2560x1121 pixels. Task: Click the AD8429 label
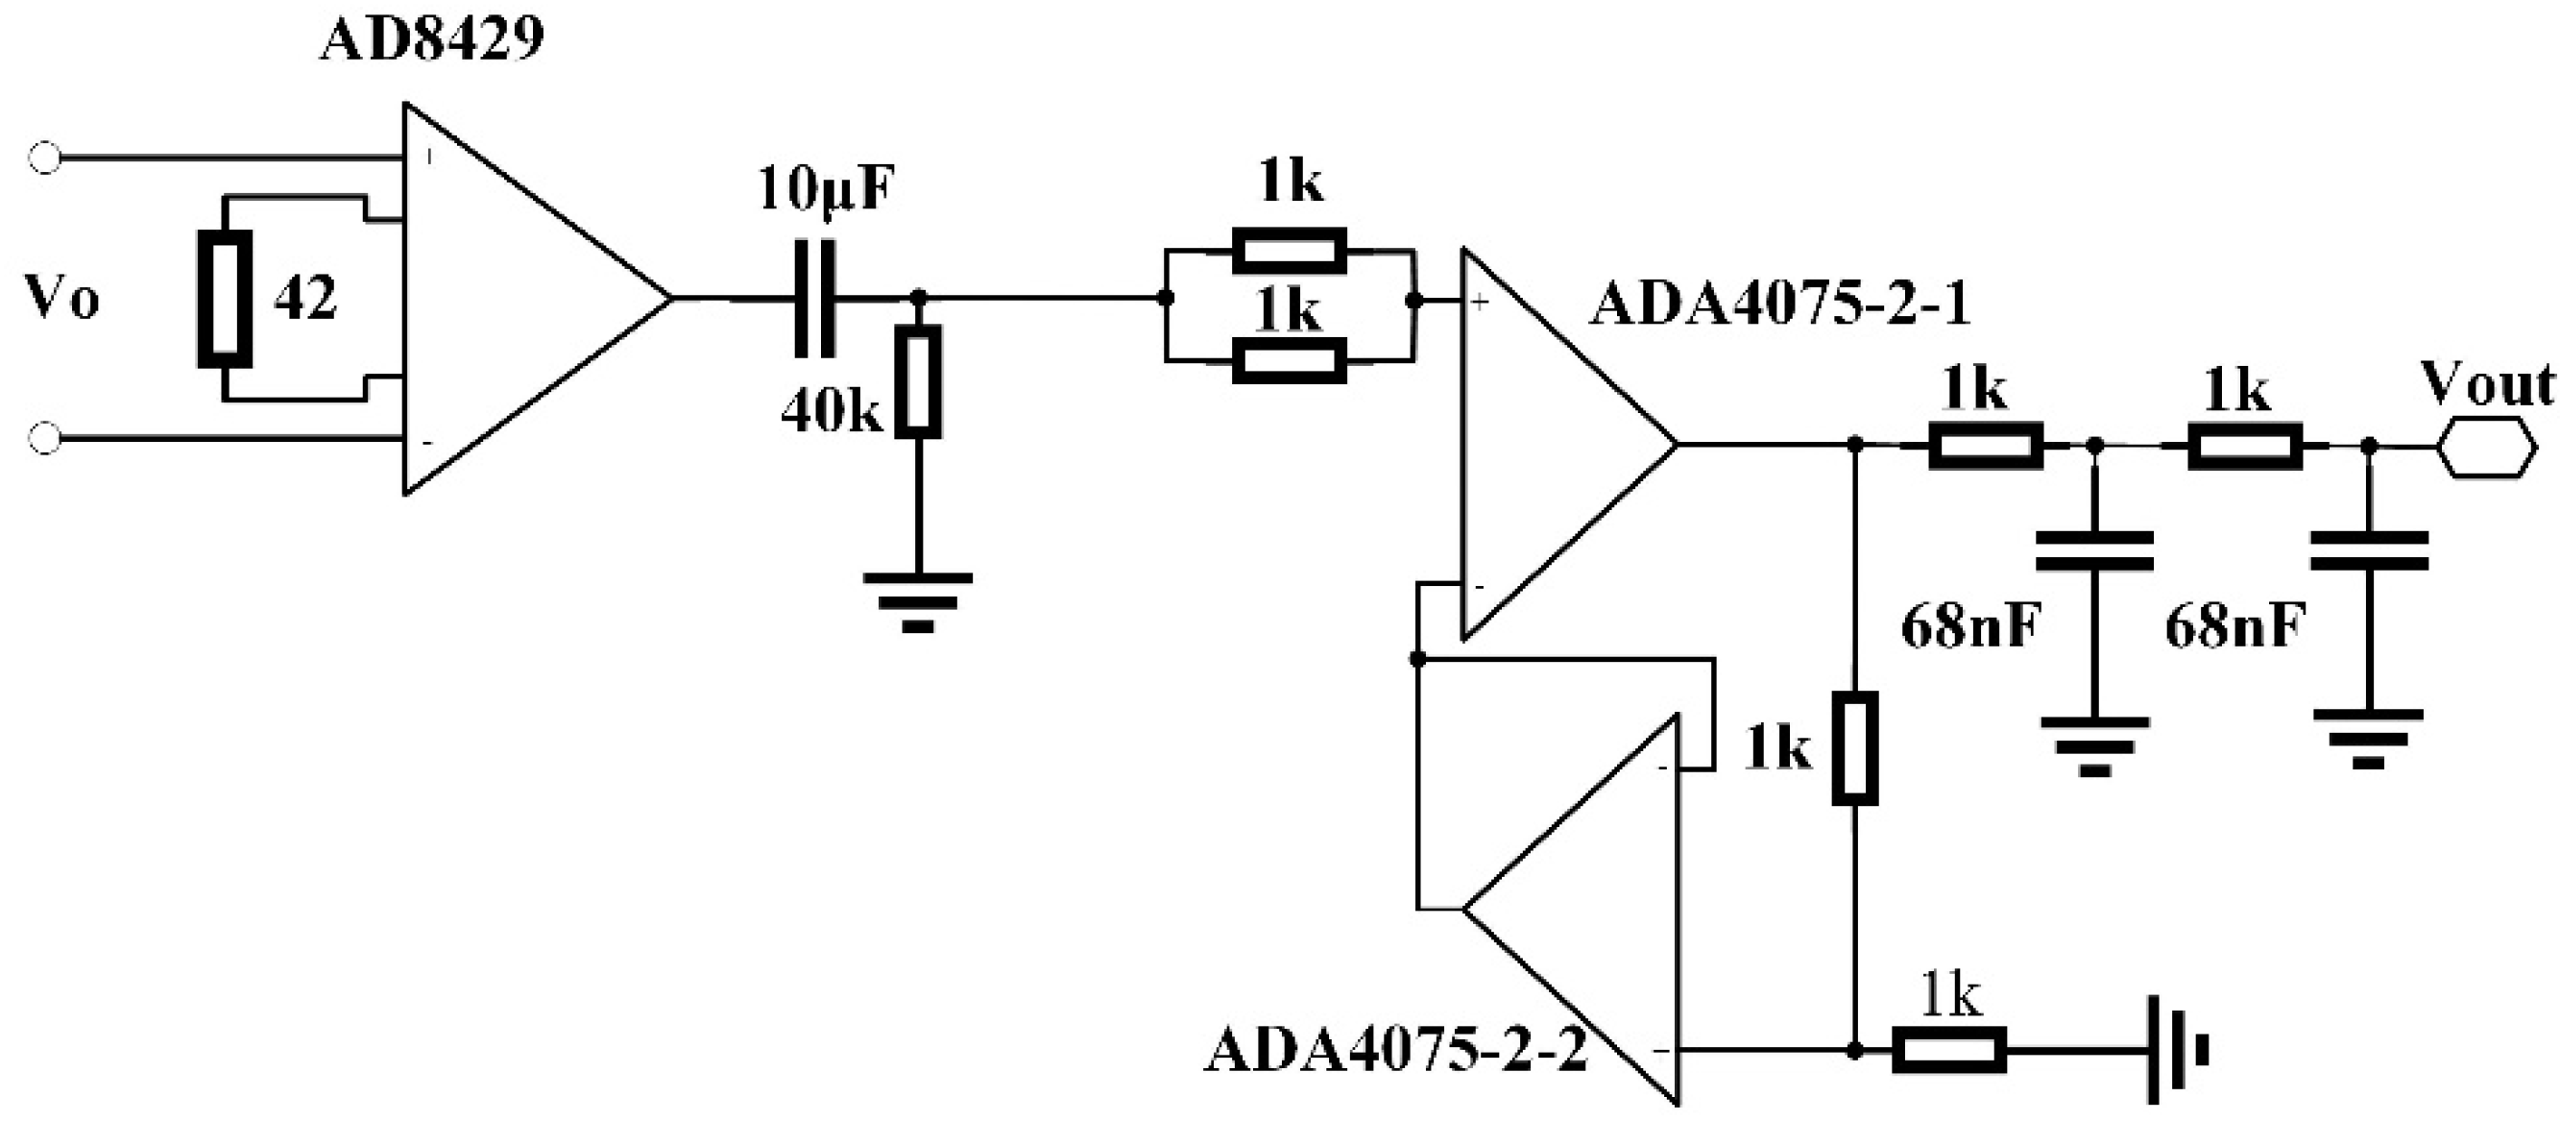tap(431, 39)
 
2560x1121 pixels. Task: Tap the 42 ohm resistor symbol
tap(225, 298)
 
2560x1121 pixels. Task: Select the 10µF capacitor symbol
tap(815, 298)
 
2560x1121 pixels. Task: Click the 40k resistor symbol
tap(917, 381)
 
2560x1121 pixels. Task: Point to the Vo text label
tap(61, 298)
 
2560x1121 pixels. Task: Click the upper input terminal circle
tap(45, 158)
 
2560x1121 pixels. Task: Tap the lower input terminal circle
tap(45, 437)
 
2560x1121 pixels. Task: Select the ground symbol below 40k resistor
tap(917, 600)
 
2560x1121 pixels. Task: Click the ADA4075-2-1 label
tap(1779, 305)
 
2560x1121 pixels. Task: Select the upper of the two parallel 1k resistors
tap(1289, 250)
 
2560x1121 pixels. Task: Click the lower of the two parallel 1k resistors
tap(1289, 360)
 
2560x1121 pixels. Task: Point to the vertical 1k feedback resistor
tap(1854, 747)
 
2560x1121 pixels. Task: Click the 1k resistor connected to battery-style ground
tap(1947, 1051)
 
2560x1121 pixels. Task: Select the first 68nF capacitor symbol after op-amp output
tap(2094, 550)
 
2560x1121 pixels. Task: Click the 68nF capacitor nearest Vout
tap(2369, 550)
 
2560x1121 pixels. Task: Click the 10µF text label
tap(827, 189)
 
